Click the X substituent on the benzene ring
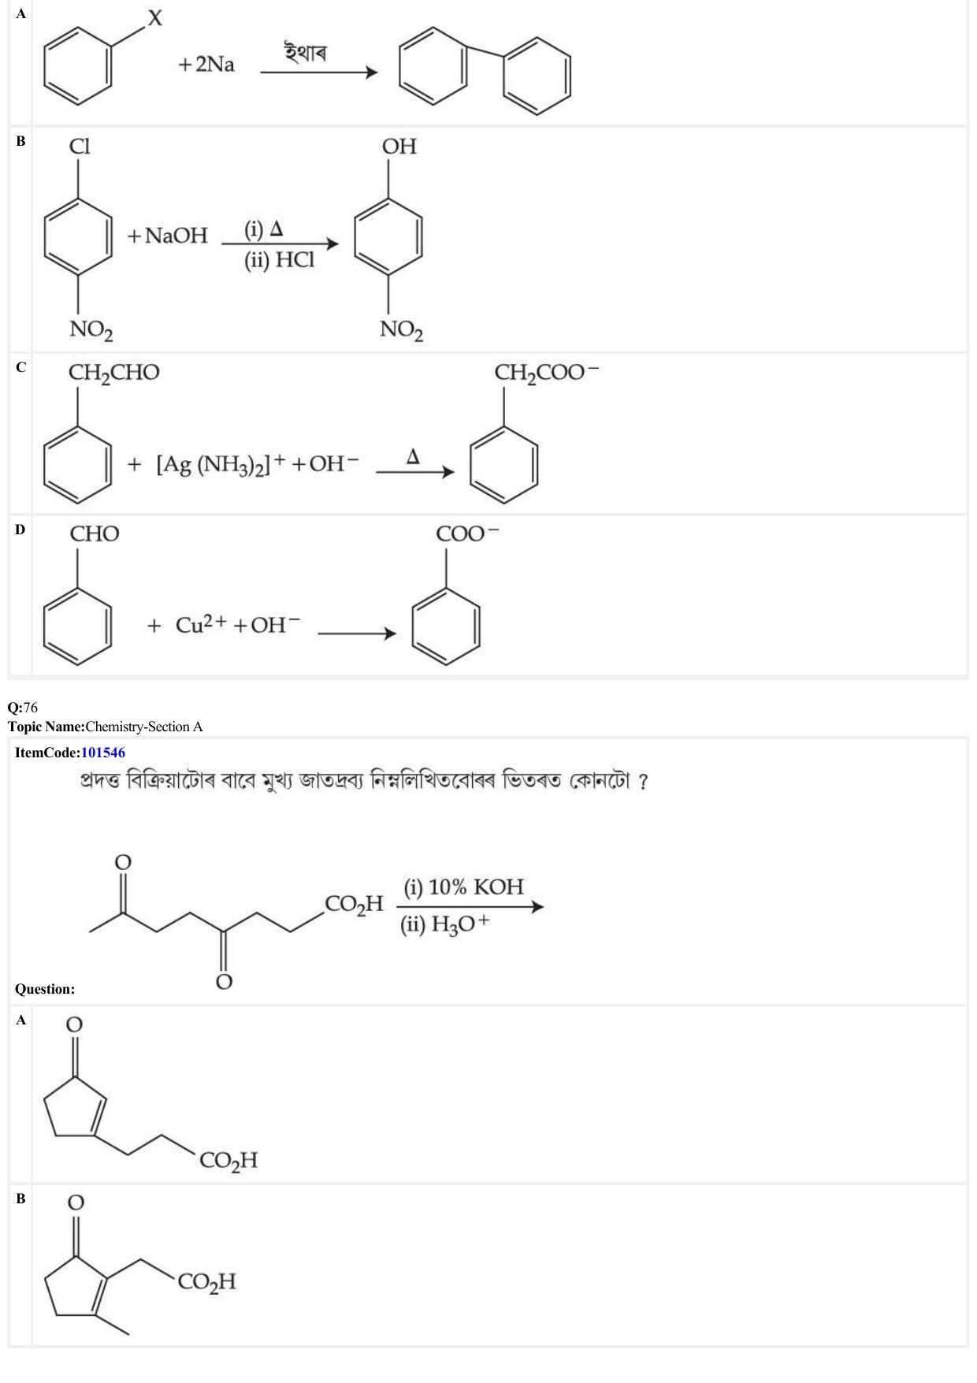[155, 17]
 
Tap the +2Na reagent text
[206, 65]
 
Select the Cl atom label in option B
[80, 147]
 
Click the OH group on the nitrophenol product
[399, 147]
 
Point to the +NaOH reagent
[167, 236]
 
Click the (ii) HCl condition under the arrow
[279, 261]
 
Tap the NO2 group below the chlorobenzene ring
[91, 330]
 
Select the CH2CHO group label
[113, 374]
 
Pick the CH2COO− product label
[547, 373]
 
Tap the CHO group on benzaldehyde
[95, 534]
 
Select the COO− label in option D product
[467, 533]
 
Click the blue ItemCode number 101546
[103, 753]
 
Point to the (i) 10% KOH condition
[463, 887]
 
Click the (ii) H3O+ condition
[444, 924]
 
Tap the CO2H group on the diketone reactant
[354, 905]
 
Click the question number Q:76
[23, 708]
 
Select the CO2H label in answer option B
[207, 1282]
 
